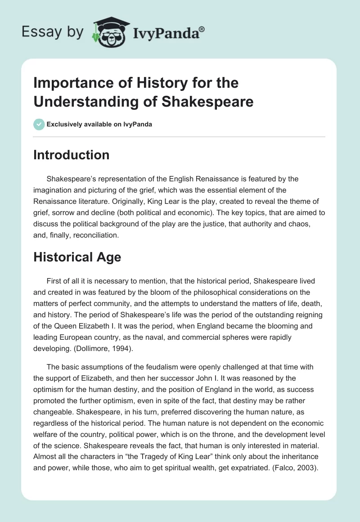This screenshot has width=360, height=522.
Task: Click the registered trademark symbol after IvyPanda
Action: point(202,28)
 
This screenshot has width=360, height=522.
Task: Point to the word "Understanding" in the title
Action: point(78,101)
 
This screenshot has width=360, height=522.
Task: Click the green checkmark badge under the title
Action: point(39,124)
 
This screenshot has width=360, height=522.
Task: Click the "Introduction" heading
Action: point(72,155)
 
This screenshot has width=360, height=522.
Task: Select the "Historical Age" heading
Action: point(77,257)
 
